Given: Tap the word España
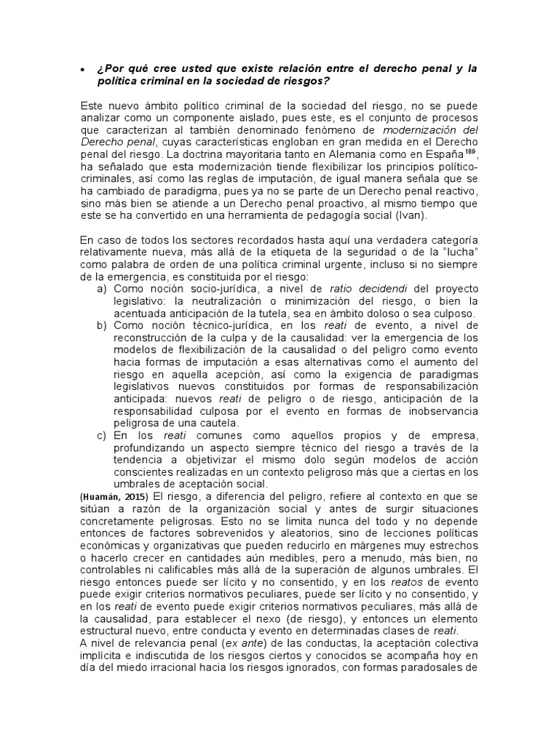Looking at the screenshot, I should tap(443, 154).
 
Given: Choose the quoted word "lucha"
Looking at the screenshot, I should tap(458, 252).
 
